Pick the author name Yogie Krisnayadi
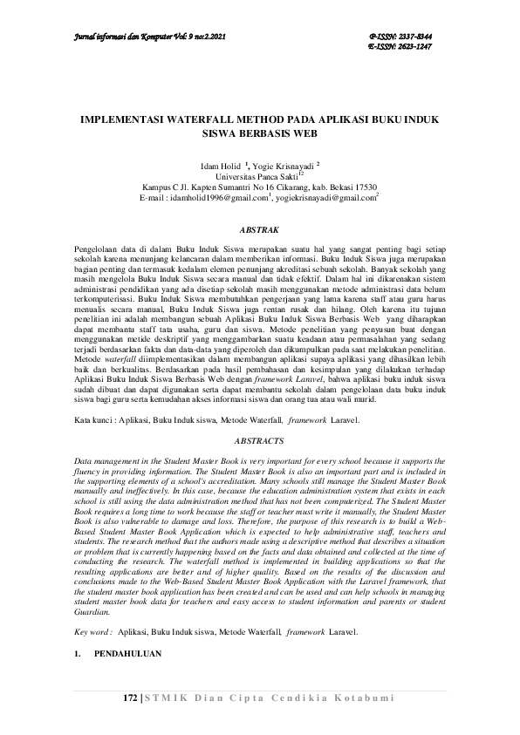click(x=284, y=165)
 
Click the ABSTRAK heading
click(x=259, y=230)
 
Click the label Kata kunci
click(x=94, y=420)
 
